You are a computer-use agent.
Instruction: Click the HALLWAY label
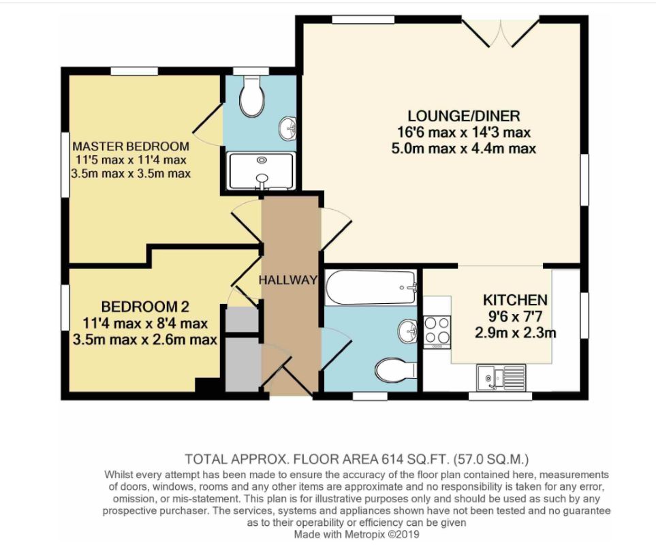pyautogui.click(x=288, y=280)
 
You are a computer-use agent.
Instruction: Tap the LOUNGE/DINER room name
pyautogui.click(x=463, y=115)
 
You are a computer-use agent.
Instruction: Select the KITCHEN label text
pyautogui.click(x=515, y=300)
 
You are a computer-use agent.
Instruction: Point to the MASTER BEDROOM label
pyautogui.click(x=131, y=146)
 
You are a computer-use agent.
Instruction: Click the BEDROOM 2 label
pyautogui.click(x=145, y=307)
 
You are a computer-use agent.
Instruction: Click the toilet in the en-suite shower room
pyautogui.click(x=252, y=96)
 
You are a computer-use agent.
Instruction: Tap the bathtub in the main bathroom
pyautogui.click(x=371, y=287)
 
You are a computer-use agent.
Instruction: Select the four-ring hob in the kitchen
pyautogui.click(x=437, y=332)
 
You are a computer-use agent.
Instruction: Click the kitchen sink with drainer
pyautogui.click(x=501, y=377)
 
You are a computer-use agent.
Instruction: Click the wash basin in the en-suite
pyautogui.click(x=288, y=127)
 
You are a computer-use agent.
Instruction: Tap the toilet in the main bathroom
pyautogui.click(x=395, y=370)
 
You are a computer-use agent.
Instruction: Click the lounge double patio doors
pyautogui.click(x=500, y=32)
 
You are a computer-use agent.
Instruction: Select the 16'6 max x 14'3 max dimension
pyautogui.click(x=463, y=132)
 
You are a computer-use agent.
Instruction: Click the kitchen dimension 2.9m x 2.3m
pyautogui.click(x=515, y=332)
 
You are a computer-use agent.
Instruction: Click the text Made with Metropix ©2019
pyautogui.click(x=356, y=534)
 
